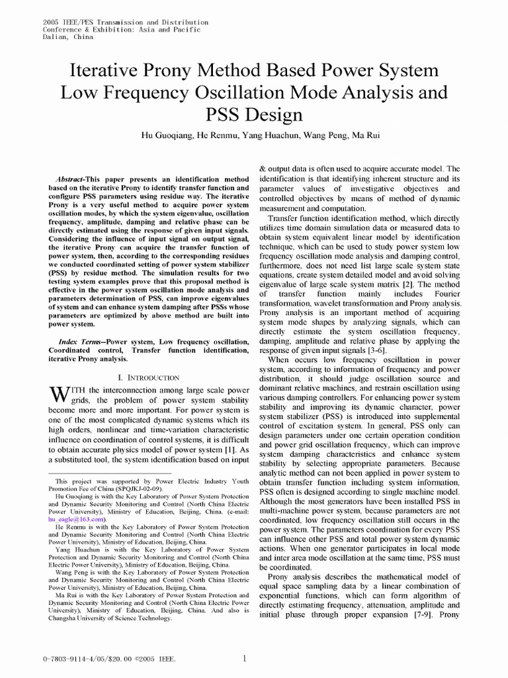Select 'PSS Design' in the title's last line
[x=253, y=115]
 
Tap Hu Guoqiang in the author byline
[x=166, y=135]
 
